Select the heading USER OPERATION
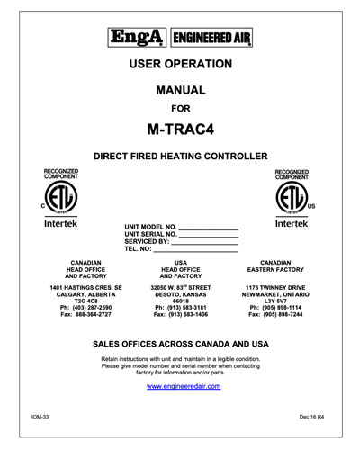tap(180, 64)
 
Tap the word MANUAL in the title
tap(180, 91)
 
